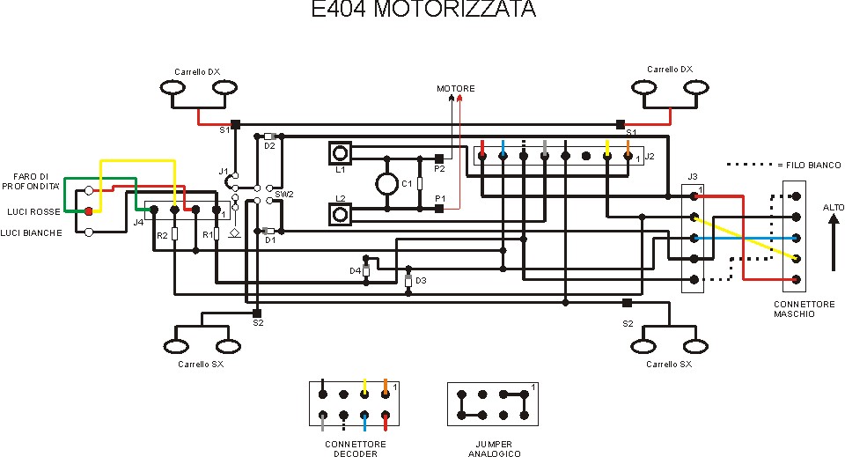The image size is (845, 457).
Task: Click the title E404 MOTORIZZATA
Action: pos(423,11)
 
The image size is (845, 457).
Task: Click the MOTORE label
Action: pos(456,89)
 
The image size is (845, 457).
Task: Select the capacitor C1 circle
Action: pos(386,183)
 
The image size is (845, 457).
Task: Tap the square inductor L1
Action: pos(341,152)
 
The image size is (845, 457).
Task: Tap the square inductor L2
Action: pos(341,213)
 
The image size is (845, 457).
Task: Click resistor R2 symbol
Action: pos(174,234)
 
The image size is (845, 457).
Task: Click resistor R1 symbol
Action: pos(216,234)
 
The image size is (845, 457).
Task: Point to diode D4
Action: pos(366,271)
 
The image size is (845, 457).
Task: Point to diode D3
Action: pos(408,281)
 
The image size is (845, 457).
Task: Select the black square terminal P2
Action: pos(438,158)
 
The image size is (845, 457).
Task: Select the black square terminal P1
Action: pos(438,209)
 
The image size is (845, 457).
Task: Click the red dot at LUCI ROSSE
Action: pos(88,211)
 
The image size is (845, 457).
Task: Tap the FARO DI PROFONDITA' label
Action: pos(31,181)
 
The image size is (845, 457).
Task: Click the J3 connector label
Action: pos(693,178)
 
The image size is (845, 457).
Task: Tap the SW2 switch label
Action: pos(283,194)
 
